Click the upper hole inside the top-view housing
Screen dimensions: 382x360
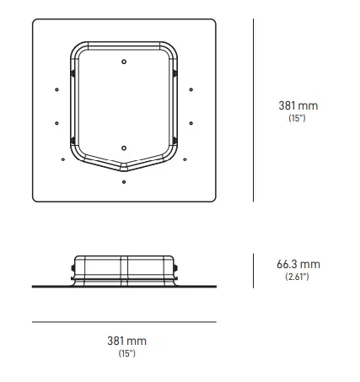tap(124, 62)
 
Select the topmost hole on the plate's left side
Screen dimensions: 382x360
tap(56, 89)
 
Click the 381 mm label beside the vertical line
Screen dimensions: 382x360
tap(298, 106)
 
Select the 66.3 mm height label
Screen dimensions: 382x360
tap(298, 264)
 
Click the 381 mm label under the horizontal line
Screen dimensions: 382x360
tap(126, 341)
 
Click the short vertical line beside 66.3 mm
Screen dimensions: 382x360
tap(255, 270)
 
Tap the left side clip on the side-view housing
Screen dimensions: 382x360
tap(73, 272)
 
